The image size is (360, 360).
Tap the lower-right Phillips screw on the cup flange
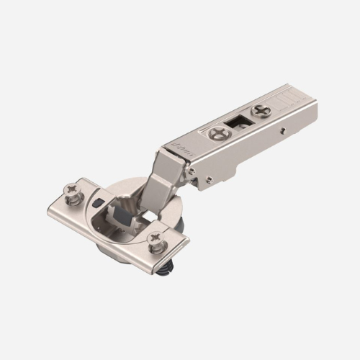[156, 241]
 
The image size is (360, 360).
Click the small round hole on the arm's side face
[282, 131]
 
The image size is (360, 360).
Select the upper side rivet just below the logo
[192, 171]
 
